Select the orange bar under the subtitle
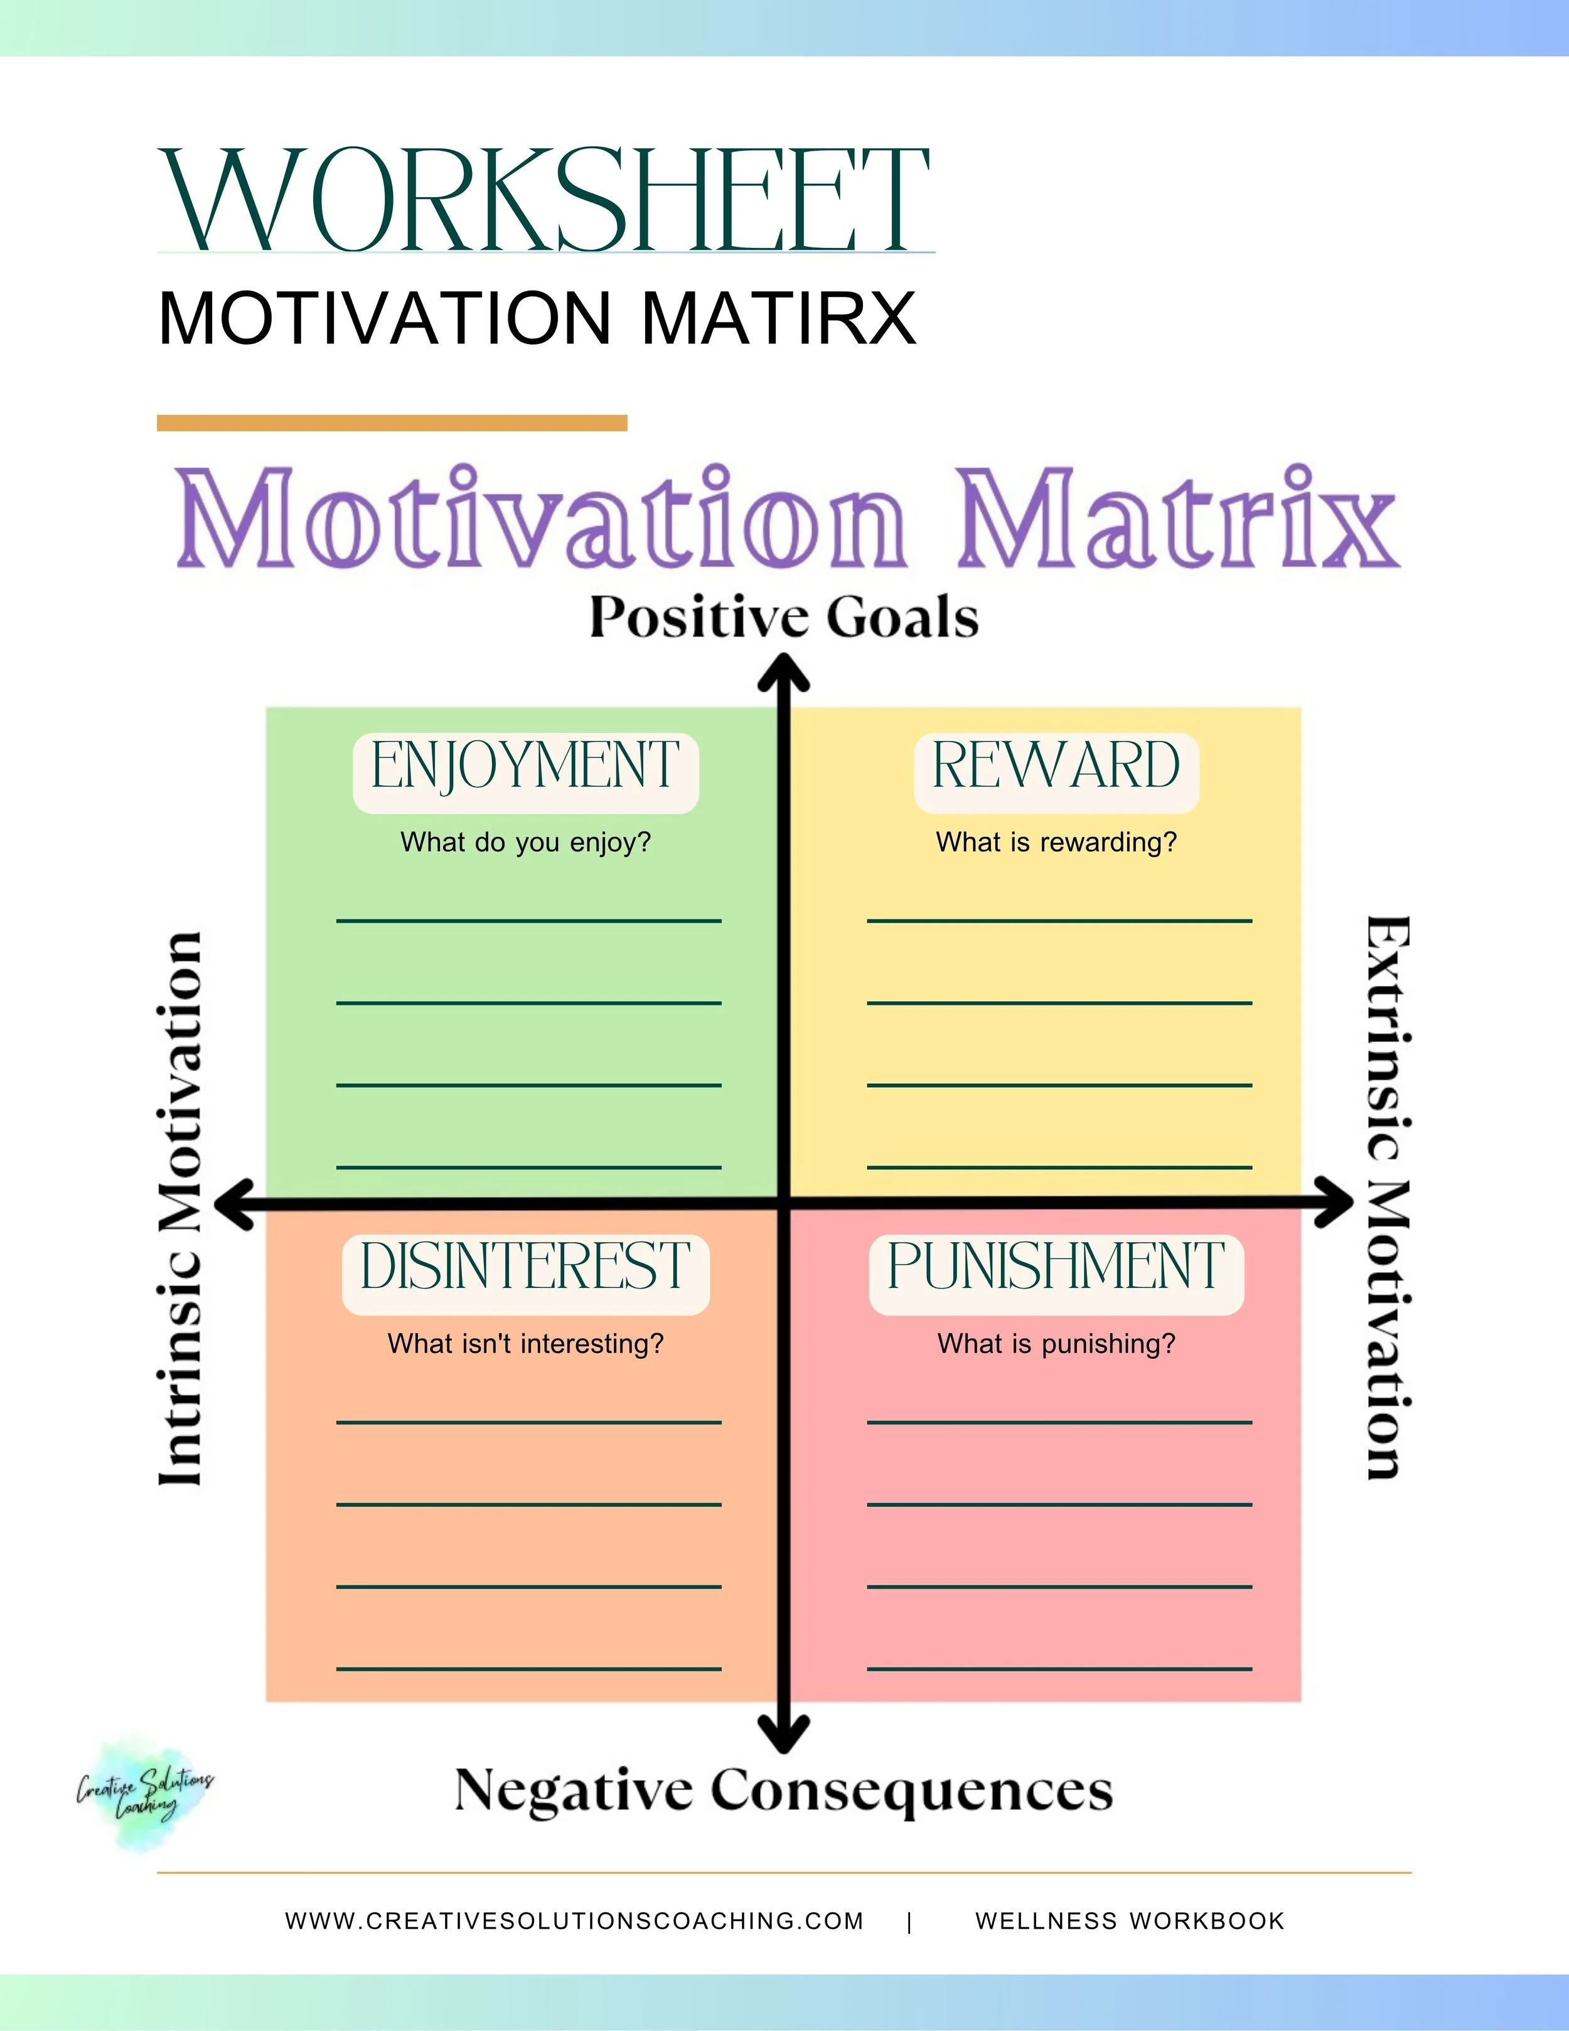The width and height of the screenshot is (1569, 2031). tap(392, 423)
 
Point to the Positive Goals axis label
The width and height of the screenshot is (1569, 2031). tap(784, 618)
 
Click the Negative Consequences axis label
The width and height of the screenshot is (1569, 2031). tap(783, 1789)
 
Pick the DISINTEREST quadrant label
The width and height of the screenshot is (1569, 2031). tap(525, 1267)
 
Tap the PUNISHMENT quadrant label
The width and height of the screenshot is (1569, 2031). tap(1056, 1267)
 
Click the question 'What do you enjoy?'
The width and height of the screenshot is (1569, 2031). tap(525, 842)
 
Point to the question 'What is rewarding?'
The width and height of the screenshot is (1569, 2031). tap(1056, 842)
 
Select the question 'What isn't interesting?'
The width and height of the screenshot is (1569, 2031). tap(525, 1344)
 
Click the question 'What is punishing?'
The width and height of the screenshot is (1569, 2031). tap(1056, 1344)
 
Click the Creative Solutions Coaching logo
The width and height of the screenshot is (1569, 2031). tap(144, 1795)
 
